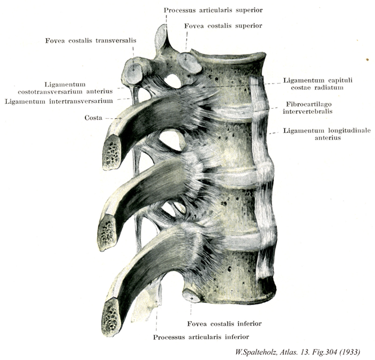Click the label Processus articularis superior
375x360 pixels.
coord(213,10)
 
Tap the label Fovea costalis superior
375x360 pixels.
coord(223,26)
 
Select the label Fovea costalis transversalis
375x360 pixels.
coord(90,40)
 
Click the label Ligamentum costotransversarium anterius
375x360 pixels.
coord(65,88)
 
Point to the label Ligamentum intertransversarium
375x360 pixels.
coord(59,101)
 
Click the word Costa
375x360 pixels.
coord(93,118)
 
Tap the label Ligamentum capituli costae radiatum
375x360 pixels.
coord(318,84)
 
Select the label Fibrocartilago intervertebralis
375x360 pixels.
coord(308,108)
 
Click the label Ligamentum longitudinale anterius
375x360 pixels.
coord(327,134)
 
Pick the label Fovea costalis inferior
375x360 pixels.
coord(225,324)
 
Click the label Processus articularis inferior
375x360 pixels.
coord(201,337)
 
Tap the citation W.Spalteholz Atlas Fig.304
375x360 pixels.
coord(298,352)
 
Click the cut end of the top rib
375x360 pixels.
coord(112,153)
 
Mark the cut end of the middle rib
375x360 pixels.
coord(107,232)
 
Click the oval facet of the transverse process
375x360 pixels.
coord(134,71)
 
